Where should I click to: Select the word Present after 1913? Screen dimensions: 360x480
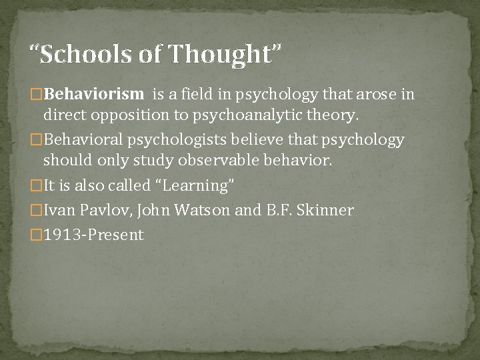[115, 235]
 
